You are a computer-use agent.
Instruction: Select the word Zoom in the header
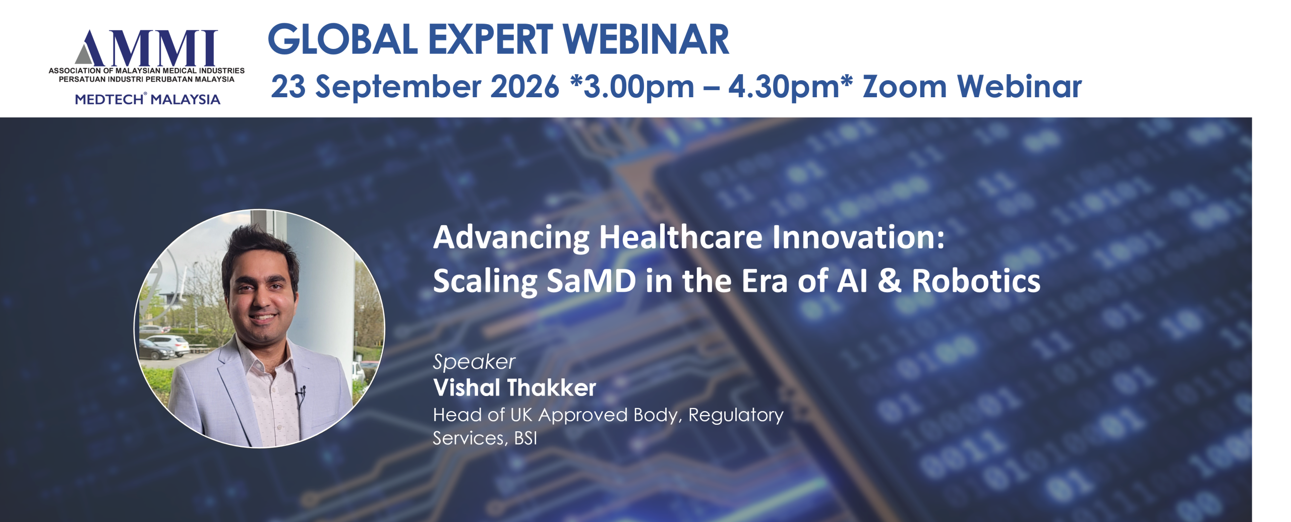(905, 86)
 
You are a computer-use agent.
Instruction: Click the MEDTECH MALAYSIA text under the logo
(147, 99)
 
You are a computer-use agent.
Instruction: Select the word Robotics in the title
(976, 281)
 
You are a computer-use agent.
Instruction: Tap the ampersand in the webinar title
(890, 281)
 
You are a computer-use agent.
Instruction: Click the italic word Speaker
(474, 362)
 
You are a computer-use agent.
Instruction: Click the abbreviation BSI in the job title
(525, 438)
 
